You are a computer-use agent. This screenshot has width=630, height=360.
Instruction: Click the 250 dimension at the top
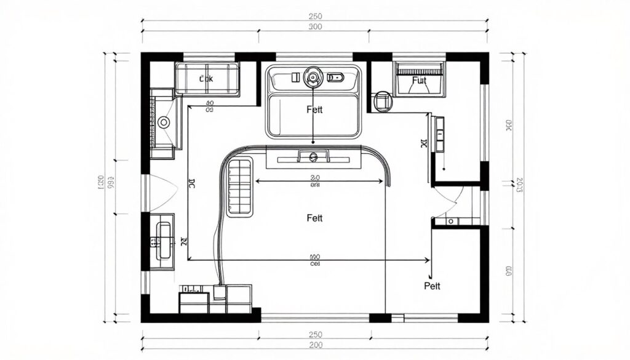pos(314,16)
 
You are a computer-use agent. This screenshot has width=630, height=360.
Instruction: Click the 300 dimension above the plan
pos(314,28)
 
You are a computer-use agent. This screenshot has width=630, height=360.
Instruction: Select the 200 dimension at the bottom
pos(314,346)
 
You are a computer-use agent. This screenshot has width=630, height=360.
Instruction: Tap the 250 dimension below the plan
pos(314,334)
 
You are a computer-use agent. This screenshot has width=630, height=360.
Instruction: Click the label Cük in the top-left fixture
pos(206,79)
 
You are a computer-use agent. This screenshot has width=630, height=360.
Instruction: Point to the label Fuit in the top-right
pos(418,81)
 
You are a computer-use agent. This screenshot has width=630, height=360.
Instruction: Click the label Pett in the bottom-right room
pos(433,286)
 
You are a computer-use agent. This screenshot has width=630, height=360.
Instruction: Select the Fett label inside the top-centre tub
pos(314,110)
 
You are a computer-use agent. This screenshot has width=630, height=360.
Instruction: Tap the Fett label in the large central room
pos(314,218)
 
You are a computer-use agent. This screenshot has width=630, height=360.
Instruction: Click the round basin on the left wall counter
pos(164,122)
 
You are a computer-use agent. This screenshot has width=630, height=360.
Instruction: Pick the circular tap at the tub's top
pos(314,77)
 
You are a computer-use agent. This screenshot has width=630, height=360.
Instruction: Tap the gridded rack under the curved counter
pos(240,186)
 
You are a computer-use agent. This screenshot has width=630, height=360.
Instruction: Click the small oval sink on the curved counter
pos(314,158)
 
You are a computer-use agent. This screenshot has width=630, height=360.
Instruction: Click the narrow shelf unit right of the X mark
pos(439,133)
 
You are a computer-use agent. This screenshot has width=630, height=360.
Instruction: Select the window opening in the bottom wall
pos(314,318)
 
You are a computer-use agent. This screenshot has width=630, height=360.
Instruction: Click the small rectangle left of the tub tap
pos(295,77)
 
